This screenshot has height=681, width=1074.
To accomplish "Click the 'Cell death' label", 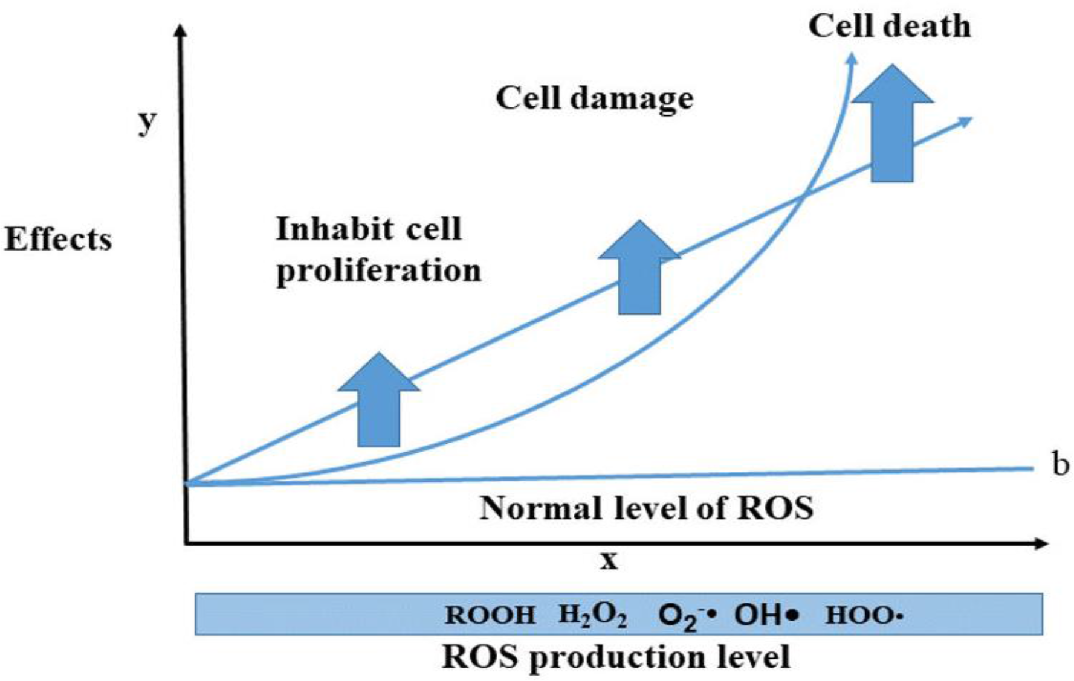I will [889, 27].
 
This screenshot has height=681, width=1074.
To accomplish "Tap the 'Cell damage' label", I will [594, 98].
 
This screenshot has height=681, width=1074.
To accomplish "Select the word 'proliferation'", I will [378, 270].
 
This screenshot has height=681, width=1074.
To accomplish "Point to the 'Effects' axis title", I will [58, 240].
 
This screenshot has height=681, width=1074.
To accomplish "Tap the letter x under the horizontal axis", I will [609, 561].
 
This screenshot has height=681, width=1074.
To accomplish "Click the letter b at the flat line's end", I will [1060, 465].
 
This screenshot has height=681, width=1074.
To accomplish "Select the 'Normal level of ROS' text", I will [646, 508].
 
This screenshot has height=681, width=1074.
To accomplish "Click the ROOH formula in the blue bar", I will [490, 615].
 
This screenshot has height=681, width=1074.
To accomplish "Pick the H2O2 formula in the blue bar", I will [592, 615].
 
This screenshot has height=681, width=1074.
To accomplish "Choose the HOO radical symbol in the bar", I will [864, 615].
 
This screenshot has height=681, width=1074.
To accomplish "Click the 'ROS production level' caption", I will [616, 657].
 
